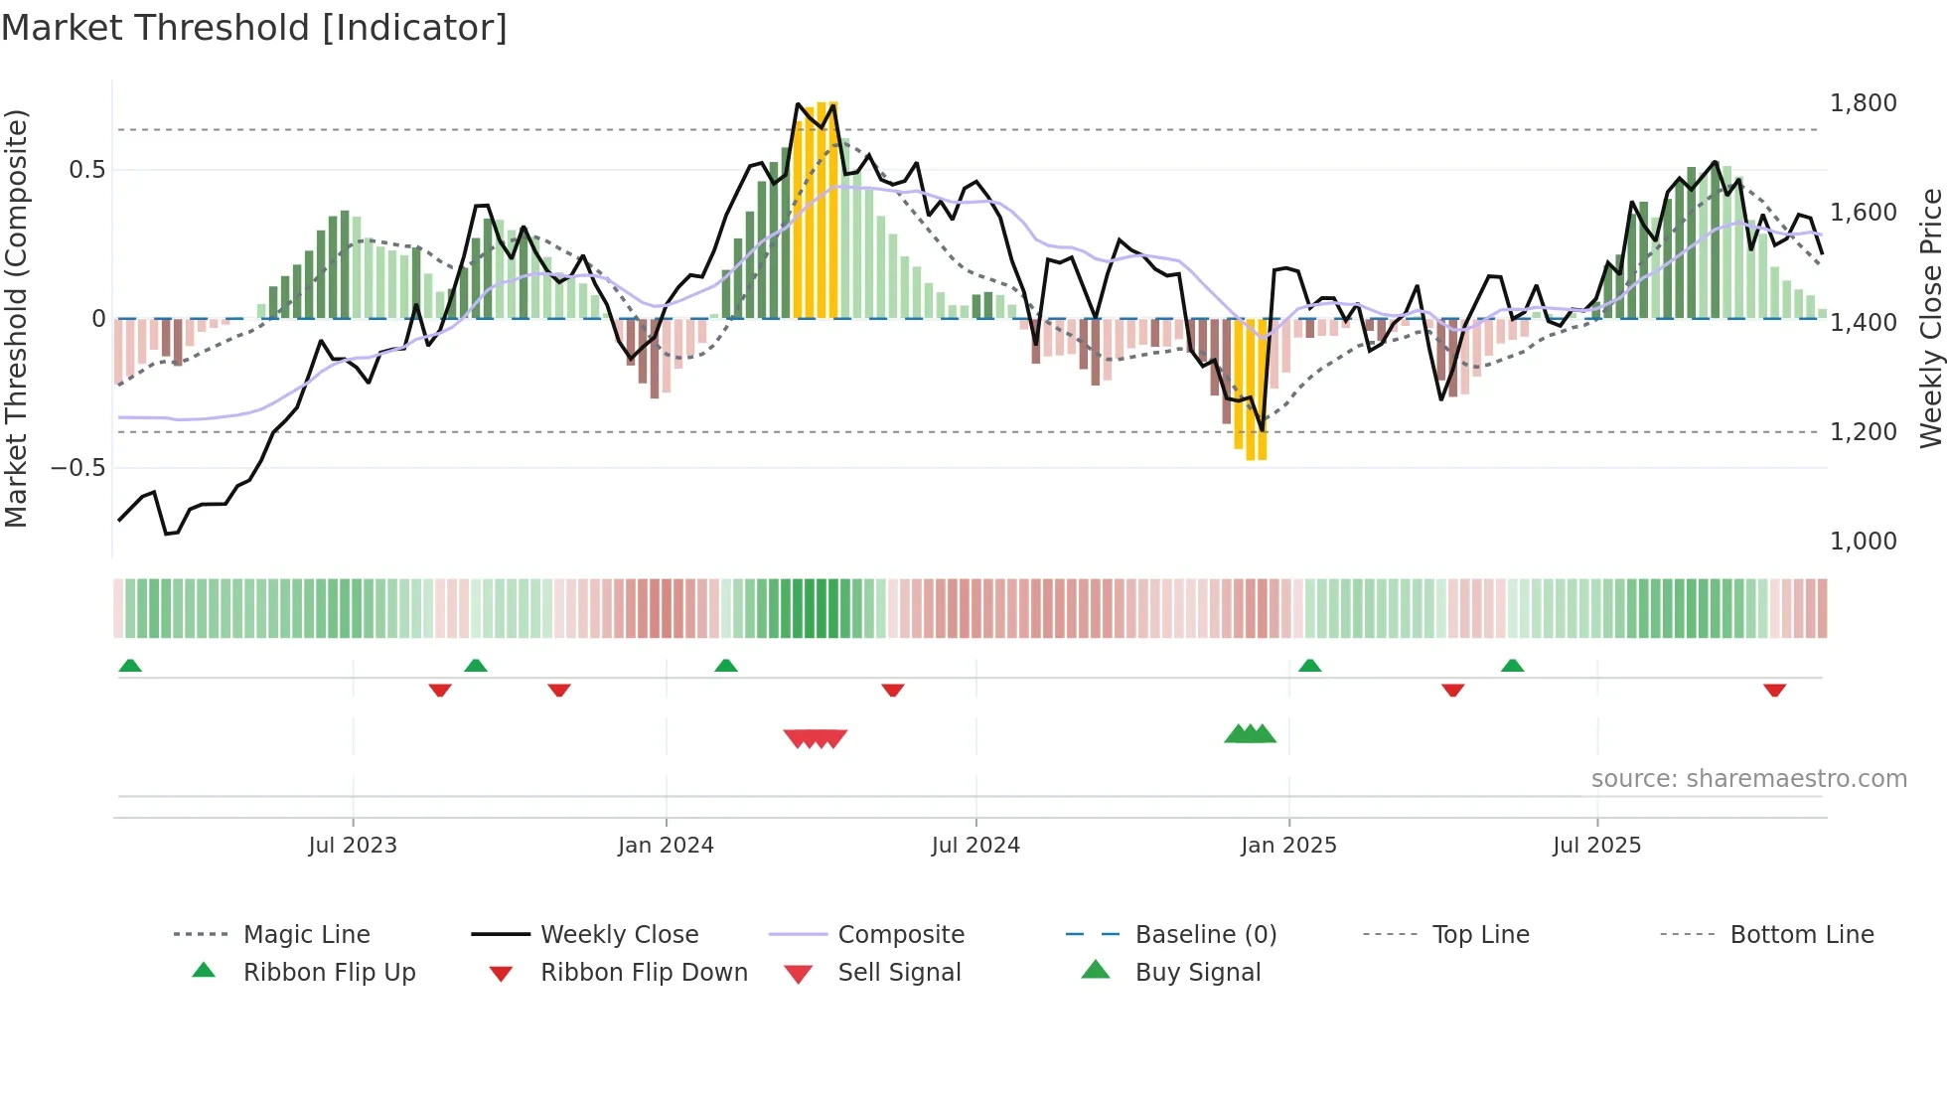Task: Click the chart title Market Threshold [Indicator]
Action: pos(254,28)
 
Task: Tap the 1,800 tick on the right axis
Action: pos(1863,103)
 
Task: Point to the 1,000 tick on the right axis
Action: pos(1863,542)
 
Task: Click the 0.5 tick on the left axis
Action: pos(86,170)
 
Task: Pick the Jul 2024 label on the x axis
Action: pos(974,846)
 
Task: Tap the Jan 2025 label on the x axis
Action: pos(1288,846)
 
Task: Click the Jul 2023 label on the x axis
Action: pos(352,846)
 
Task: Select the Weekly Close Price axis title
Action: pos(1930,318)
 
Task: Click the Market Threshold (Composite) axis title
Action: pos(16,318)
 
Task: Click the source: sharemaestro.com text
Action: pos(1748,779)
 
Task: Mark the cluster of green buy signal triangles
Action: pos(1250,734)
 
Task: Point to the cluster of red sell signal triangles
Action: pos(815,738)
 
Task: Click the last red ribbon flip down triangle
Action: pos(1774,690)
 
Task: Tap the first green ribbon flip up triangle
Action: pos(130,666)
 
